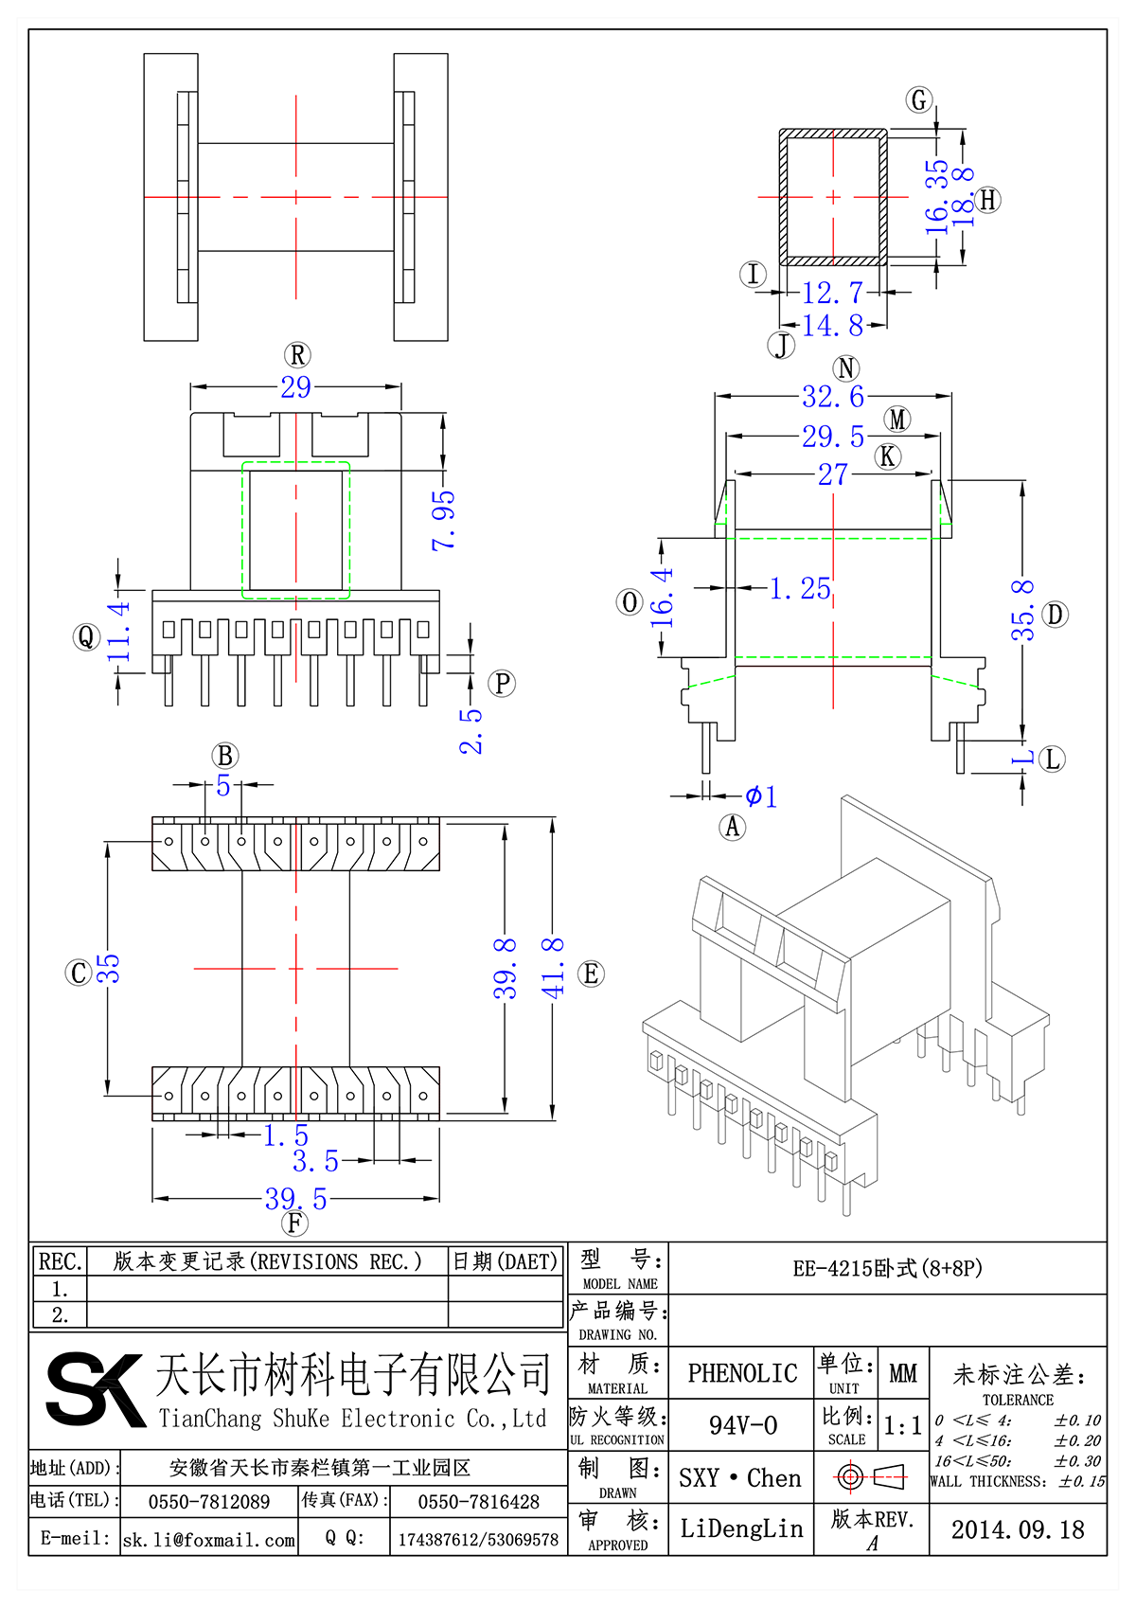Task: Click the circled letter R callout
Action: coord(297,355)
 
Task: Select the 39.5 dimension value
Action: coord(296,1199)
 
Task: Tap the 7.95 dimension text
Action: coord(444,520)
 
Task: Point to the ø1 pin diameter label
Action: coord(761,796)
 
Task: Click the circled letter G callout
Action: coord(919,99)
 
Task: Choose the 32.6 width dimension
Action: coord(833,397)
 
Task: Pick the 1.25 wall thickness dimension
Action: coord(800,589)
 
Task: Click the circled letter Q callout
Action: coord(86,637)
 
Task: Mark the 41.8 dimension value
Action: coord(553,968)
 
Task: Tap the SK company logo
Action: coord(95,1389)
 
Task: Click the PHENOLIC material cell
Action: coord(742,1373)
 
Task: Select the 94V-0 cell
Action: coord(742,1425)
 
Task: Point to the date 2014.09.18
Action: coord(1018,1530)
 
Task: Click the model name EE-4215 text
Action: coord(887,1268)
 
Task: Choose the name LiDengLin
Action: coord(741,1528)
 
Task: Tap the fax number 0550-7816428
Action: coord(479,1502)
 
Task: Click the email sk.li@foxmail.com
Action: coord(209,1540)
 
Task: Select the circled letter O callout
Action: coord(630,602)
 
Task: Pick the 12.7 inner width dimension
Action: coord(832,293)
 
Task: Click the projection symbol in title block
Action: coord(871,1476)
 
